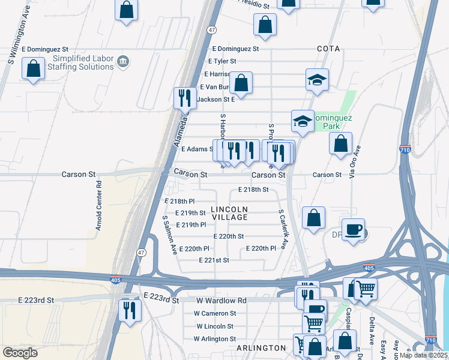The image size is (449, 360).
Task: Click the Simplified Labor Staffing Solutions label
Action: [x=83, y=62]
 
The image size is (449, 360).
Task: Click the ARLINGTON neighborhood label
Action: [x=261, y=348]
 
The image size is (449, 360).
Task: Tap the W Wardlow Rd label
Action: [x=220, y=300]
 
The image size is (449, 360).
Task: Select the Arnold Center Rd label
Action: [x=99, y=205]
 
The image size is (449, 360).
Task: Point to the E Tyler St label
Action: [x=222, y=61]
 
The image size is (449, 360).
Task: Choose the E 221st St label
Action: [x=214, y=260]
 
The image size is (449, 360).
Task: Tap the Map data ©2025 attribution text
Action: [x=423, y=355]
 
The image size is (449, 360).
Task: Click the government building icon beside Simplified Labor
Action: [x=124, y=61]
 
